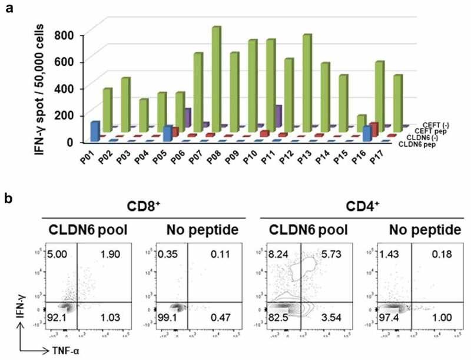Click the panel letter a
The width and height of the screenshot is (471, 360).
[x=8, y=8]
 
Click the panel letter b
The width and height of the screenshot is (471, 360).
[x=8, y=200]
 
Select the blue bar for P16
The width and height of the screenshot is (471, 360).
[x=367, y=133]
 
